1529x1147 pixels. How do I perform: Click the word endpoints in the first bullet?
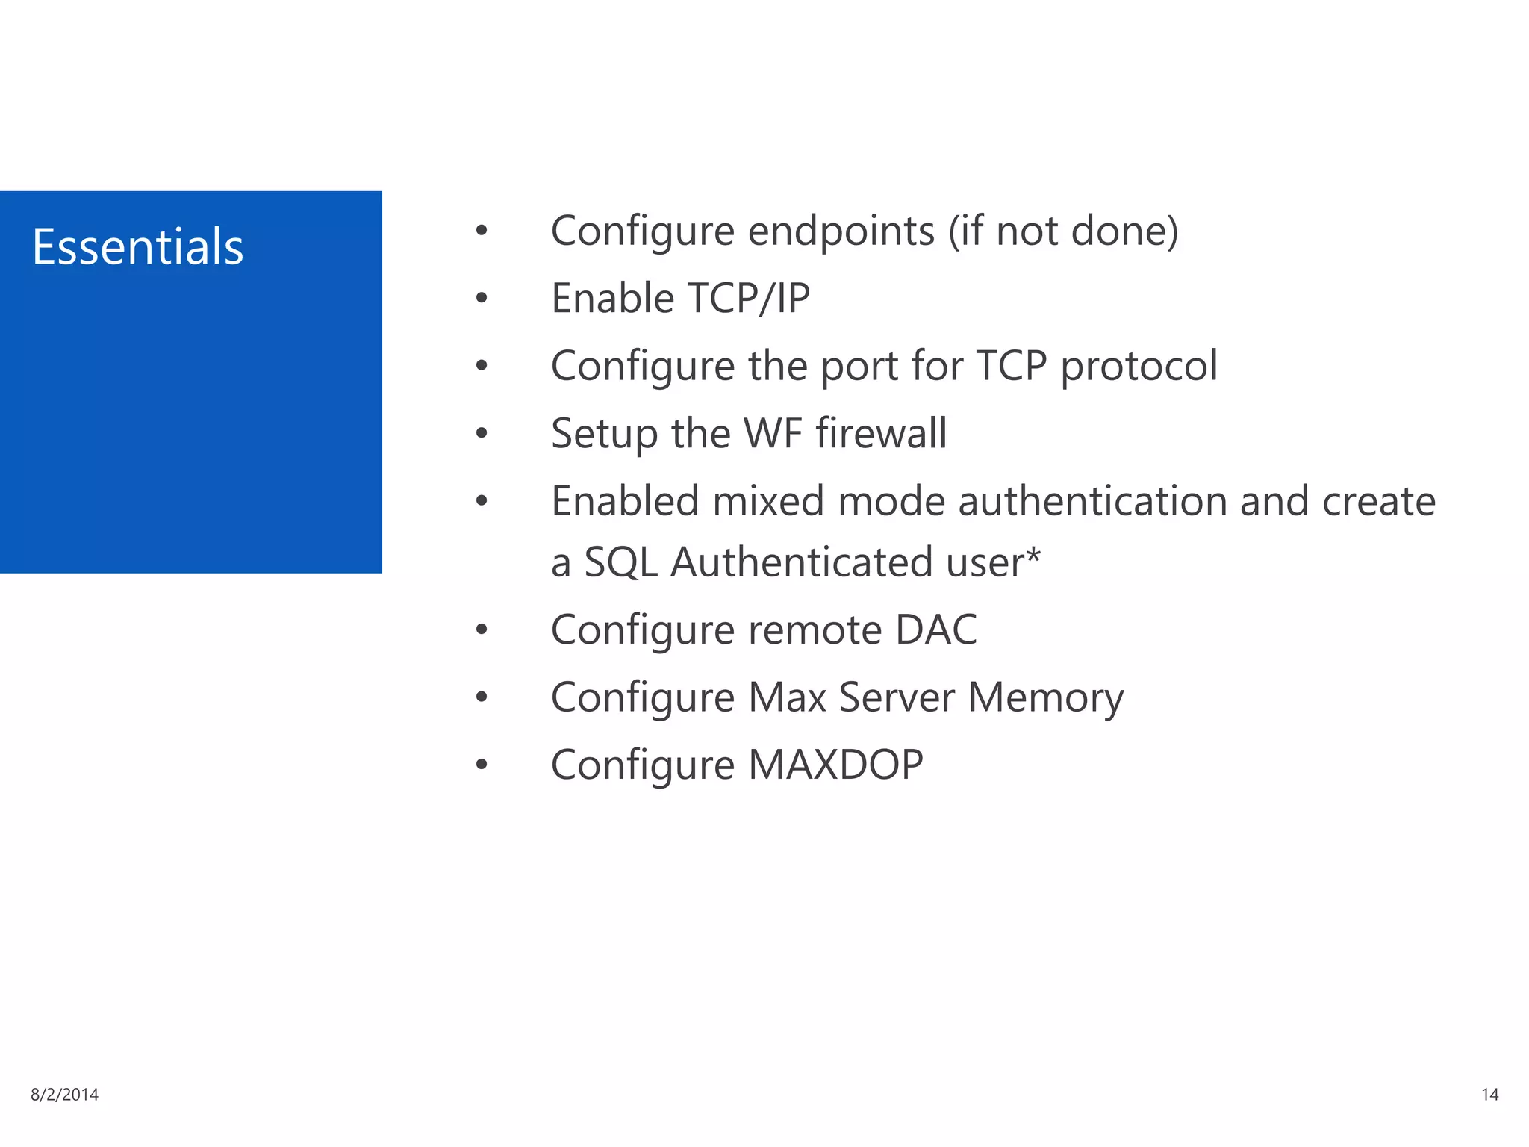pyautogui.click(x=841, y=231)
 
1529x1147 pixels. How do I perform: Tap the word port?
pyautogui.click(x=859, y=367)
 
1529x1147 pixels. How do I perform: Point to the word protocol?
pyautogui.click(x=1139, y=367)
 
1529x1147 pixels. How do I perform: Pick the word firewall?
pyautogui.click(x=881, y=433)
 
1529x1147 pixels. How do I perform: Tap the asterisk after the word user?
pyautogui.click(x=1033, y=556)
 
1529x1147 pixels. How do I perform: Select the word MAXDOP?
pyautogui.click(x=835, y=765)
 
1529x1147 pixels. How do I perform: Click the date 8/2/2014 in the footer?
pyautogui.click(x=65, y=1095)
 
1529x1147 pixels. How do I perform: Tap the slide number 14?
pyautogui.click(x=1489, y=1095)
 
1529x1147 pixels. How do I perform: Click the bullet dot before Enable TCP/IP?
pyautogui.click(x=482, y=299)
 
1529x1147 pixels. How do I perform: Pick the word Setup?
pyautogui.click(x=604, y=434)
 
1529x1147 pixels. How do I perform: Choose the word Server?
pyautogui.click(x=897, y=697)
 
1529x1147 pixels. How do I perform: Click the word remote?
pyautogui.click(x=815, y=630)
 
